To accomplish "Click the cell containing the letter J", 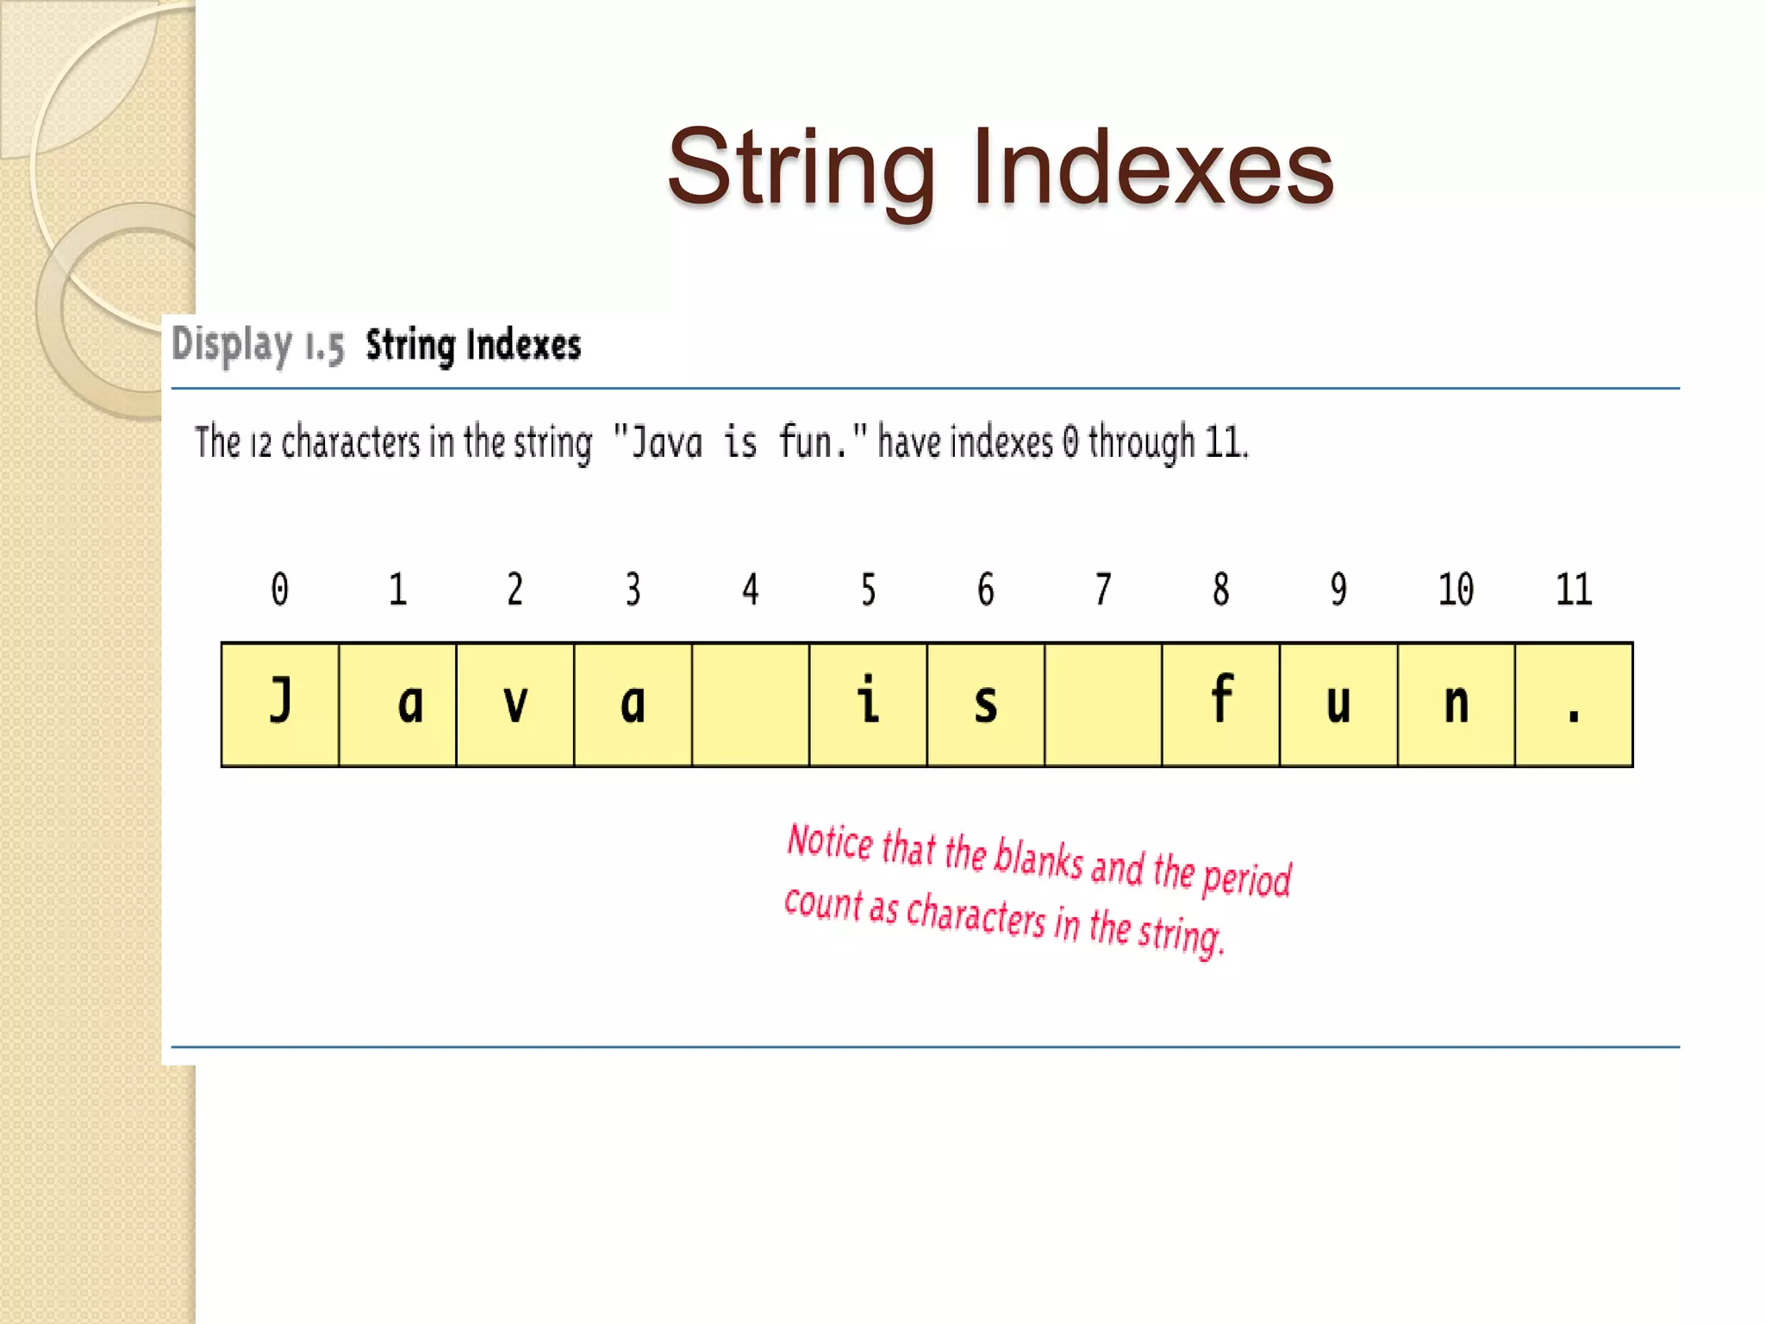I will click(x=280, y=704).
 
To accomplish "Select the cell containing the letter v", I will click(x=515, y=704).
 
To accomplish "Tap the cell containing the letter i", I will click(x=869, y=704).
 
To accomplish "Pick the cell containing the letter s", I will click(x=986, y=704).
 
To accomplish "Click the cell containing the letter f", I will click(x=1221, y=704).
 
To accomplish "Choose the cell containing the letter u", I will click(x=1338, y=704).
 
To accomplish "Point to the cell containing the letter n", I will click(x=1456, y=704).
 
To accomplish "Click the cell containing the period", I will click(x=1574, y=704).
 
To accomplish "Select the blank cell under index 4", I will click(x=751, y=704).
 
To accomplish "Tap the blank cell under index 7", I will click(x=1103, y=704).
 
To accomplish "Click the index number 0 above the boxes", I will click(x=280, y=590).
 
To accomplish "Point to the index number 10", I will click(x=1456, y=590).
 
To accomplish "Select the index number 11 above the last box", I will click(x=1574, y=590).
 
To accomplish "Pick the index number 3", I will click(x=633, y=590).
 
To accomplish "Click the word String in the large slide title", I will click(x=801, y=169).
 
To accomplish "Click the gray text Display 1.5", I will click(x=258, y=346).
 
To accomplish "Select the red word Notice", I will click(x=830, y=842).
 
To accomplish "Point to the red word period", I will click(x=1246, y=877).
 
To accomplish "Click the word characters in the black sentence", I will click(x=351, y=443).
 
